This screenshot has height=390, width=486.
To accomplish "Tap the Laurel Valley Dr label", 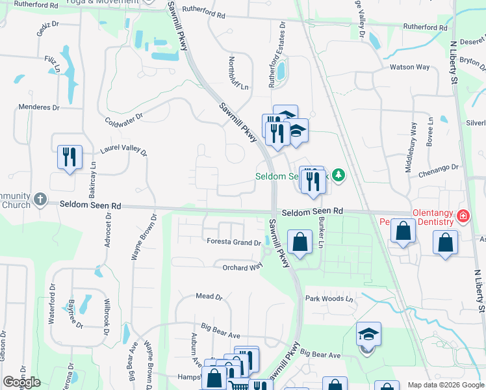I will pyautogui.click(x=123, y=149).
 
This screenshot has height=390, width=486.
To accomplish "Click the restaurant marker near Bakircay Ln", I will pyautogui.click(x=69, y=157).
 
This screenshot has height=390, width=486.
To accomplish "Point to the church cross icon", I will pyautogui.click(x=40, y=199).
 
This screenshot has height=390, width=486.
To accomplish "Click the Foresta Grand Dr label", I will pyautogui.click(x=233, y=242).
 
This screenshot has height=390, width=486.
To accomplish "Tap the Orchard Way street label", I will pyautogui.click(x=242, y=267).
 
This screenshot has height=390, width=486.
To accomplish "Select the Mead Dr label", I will pyautogui.click(x=209, y=296).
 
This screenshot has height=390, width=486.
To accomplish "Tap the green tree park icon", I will pyautogui.click(x=338, y=175).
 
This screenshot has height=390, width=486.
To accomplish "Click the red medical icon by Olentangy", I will pyautogui.click(x=463, y=216).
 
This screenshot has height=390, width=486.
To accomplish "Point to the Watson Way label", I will pyautogui.click(x=409, y=67).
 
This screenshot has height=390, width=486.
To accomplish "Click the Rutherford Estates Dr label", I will pyautogui.click(x=277, y=49).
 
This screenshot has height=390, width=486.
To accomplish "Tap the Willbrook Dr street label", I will pyautogui.click(x=105, y=315).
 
